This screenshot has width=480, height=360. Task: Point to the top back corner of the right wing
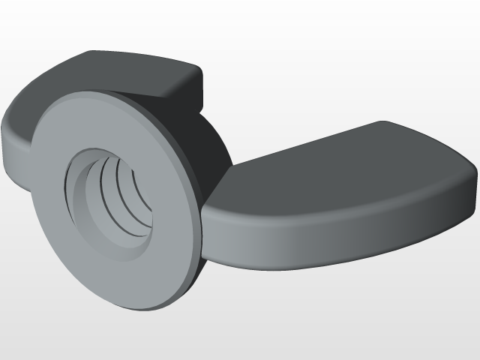384,123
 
